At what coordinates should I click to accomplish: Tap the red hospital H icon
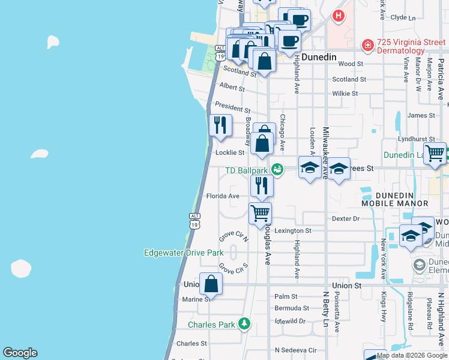[339, 16]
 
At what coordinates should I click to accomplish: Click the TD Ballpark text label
[246, 170]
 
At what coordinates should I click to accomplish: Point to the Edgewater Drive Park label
[184, 253]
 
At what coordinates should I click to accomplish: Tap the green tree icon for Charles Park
[244, 324]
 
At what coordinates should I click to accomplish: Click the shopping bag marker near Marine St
[211, 284]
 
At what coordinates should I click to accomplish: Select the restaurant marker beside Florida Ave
[262, 185]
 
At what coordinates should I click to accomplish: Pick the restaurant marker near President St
[220, 125]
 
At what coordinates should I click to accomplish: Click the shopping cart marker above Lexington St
[260, 213]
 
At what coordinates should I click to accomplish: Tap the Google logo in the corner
[20, 353]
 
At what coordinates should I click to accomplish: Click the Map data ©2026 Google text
[412, 356]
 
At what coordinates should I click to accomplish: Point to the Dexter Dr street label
[345, 219]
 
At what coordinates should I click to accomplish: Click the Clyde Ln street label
[403, 18]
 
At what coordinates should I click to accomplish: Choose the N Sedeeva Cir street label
[295, 350]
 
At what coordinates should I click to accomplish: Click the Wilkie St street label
[345, 94]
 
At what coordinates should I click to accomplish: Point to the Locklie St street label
[230, 152]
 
